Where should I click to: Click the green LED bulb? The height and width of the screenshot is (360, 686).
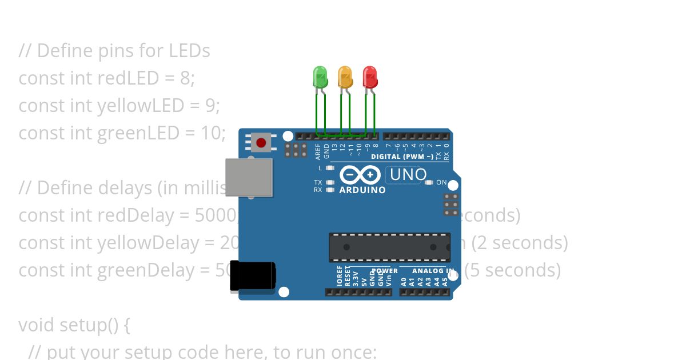pos(320,77)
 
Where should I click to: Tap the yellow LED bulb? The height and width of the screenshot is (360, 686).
pos(345,77)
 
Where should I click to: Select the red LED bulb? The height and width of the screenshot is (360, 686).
pos(370,77)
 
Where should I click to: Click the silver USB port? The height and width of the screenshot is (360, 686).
pos(249,177)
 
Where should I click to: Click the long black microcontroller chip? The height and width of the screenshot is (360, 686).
pos(389,247)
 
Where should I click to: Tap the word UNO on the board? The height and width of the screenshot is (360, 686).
pos(408,174)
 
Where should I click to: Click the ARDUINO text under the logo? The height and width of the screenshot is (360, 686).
pos(362,190)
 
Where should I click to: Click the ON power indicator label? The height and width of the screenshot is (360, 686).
pos(441,183)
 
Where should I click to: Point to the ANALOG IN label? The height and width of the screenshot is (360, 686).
pos(433,271)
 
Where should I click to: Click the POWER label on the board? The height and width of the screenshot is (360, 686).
pos(384,271)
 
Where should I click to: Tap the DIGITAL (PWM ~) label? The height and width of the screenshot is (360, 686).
pos(402,157)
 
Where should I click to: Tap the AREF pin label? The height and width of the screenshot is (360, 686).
pos(318,151)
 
